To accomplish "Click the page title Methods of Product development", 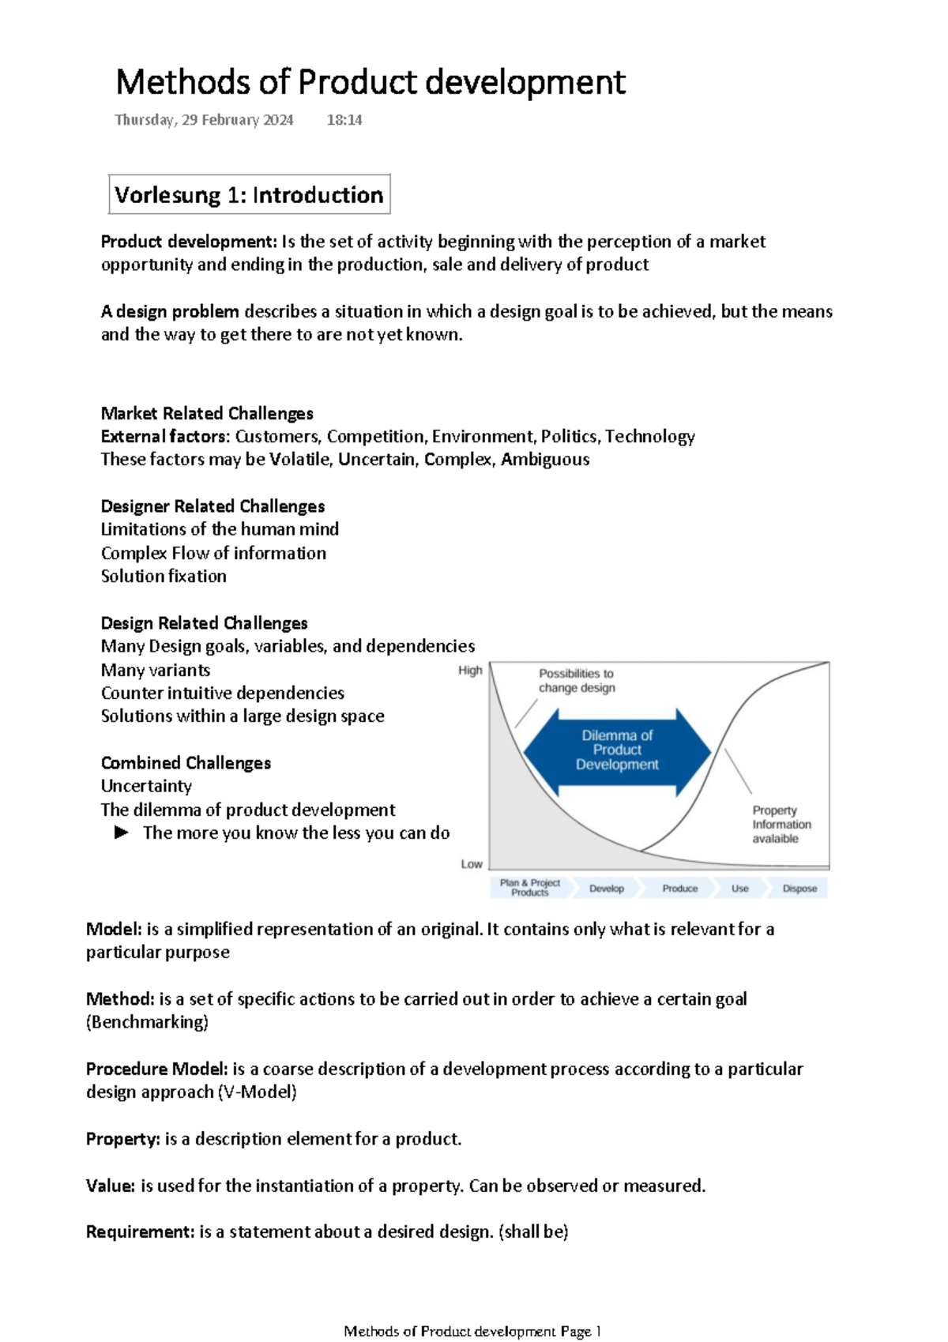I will click(x=371, y=82).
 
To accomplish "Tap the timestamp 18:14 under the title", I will click(x=344, y=120).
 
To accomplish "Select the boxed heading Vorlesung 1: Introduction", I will click(x=249, y=195).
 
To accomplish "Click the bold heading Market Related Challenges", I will click(x=207, y=413).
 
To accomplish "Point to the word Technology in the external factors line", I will click(x=650, y=437).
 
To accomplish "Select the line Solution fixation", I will click(x=164, y=577).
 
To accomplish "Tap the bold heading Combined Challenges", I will click(x=186, y=763).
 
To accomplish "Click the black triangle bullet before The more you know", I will click(x=122, y=833).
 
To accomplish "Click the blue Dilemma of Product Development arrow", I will click(x=617, y=750).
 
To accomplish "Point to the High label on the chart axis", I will click(x=470, y=671).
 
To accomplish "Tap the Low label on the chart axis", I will click(x=472, y=864).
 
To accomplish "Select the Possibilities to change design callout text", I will click(x=577, y=681).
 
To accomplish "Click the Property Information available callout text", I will click(x=781, y=825).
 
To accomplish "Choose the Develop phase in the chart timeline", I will click(x=607, y=889).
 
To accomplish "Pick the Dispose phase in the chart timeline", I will click(x=799, y=889).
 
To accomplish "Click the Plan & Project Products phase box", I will click(x=529, y=888).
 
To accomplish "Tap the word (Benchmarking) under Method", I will click(x=148, y=1022).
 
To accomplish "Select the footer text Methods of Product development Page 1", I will click(x=472, y=1332).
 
